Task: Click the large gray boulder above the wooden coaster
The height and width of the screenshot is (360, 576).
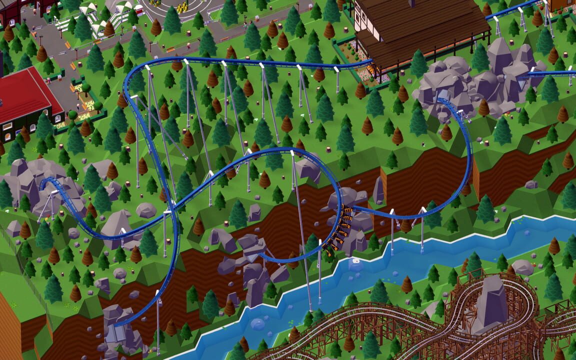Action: (523, 267)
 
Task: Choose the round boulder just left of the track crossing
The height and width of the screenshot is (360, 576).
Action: (146, 210)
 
